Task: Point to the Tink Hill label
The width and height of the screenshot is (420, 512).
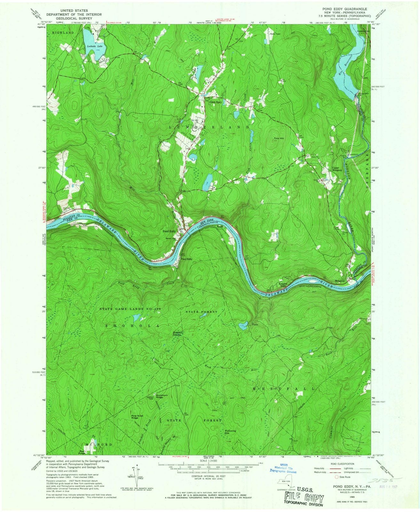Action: pos(279,139)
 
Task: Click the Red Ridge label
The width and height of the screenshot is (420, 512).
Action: pos(82,452)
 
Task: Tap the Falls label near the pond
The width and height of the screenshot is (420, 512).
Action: pos(255,324)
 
